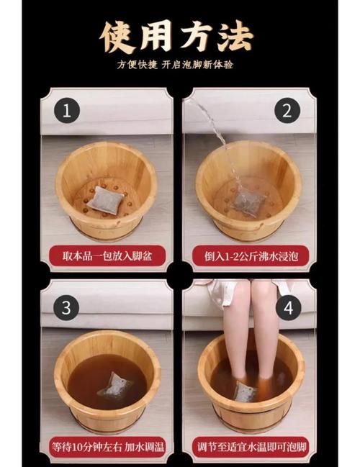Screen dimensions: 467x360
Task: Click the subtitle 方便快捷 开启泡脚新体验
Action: tap(179, 65)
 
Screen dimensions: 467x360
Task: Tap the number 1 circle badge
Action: tap(66, 112)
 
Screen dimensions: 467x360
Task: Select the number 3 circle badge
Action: tap(66, 307)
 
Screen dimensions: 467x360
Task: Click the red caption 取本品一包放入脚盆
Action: tap(107, 255)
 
